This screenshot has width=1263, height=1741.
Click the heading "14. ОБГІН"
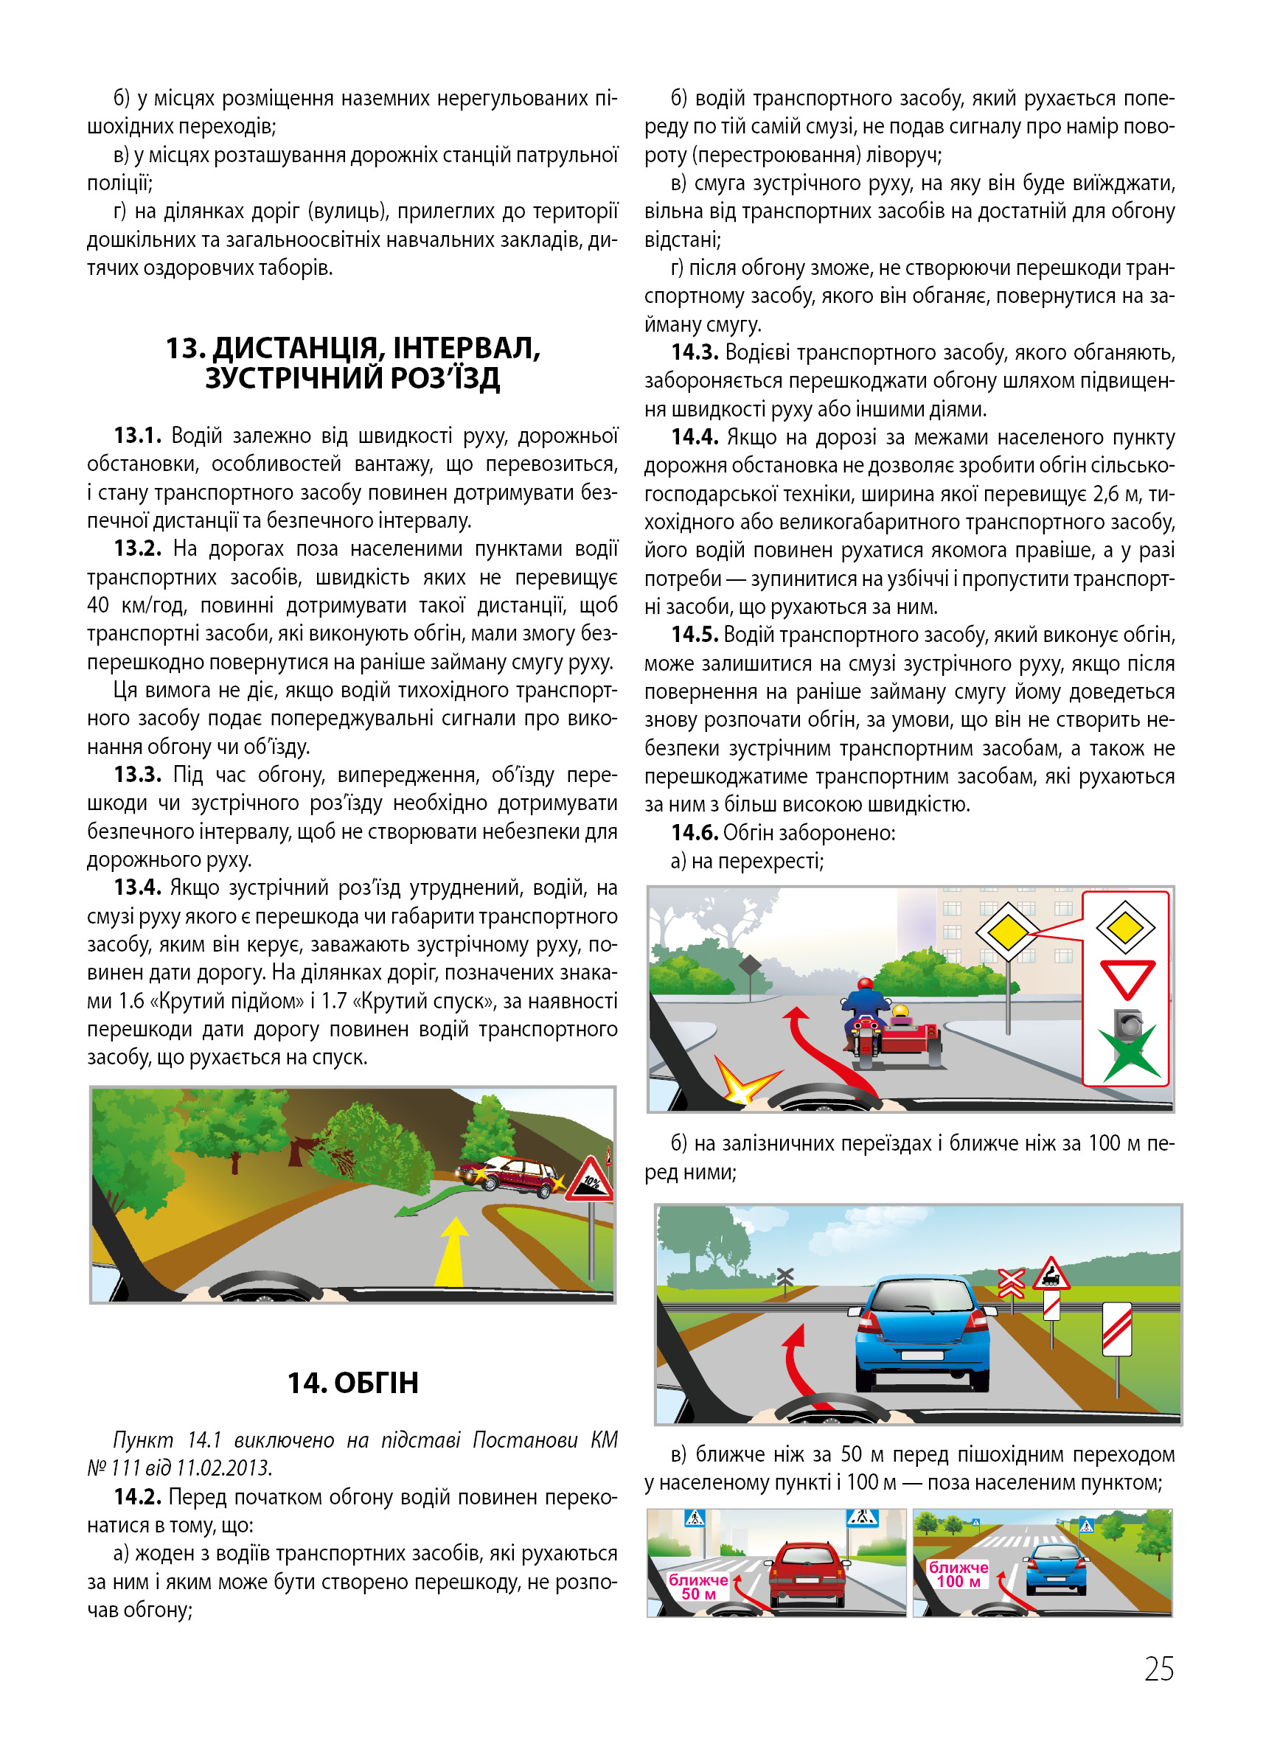pos(352,1383)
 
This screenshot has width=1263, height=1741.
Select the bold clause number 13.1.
pos(137,436)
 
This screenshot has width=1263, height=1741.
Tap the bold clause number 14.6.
pos(694,833)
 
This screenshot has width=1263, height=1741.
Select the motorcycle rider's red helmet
pos(866,983)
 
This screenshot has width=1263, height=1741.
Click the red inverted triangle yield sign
pos(1127,979)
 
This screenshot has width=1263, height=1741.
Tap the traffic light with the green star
pos(1128,1043)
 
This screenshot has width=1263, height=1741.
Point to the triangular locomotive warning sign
pos(1051,1274)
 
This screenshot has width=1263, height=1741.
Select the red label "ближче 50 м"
pos(698,1587)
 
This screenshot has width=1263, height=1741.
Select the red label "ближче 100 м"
pos(958,1574)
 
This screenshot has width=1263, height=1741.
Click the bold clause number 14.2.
pos(137,1497)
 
